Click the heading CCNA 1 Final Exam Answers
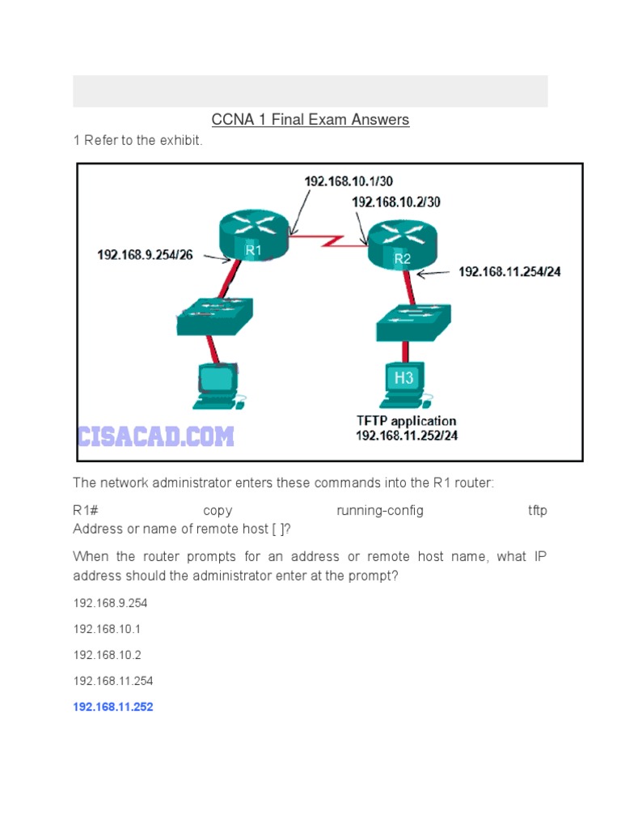[x=310, y=120]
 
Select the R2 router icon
[x=401, y=244]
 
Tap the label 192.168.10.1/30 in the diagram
[x=349, y=181]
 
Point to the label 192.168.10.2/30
[x=395, y=202]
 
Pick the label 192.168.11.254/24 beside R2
[x=509, y=272]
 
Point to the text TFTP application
[x=407, y=420]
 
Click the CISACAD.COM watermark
[x=156, y=437]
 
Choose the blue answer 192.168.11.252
[x=113, y=707]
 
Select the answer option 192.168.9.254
[x=110, y=603]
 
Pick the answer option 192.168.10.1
[x=107, y=629]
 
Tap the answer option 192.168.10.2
[x=107, y=655]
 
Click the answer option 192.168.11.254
[x=113, y=681]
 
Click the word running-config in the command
[x=379, y=510]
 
